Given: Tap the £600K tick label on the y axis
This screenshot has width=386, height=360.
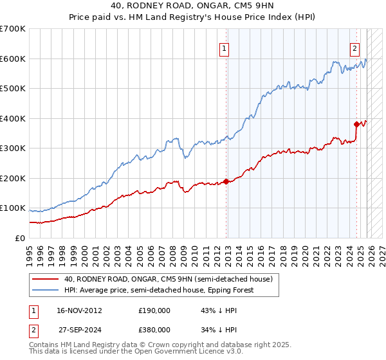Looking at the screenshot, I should [13, 59].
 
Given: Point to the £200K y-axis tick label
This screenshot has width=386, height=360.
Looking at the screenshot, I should [13, 178].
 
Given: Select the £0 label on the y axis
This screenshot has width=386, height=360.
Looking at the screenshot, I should [20, 238].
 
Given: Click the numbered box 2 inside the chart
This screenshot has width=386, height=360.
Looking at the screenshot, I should [354, 48].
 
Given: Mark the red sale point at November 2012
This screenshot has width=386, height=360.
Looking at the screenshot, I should [226, 181].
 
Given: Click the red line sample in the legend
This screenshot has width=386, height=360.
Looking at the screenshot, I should [45, 279].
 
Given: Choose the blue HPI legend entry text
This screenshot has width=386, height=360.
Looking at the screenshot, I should [159, 290].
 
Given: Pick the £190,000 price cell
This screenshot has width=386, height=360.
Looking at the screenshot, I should [154, 310].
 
